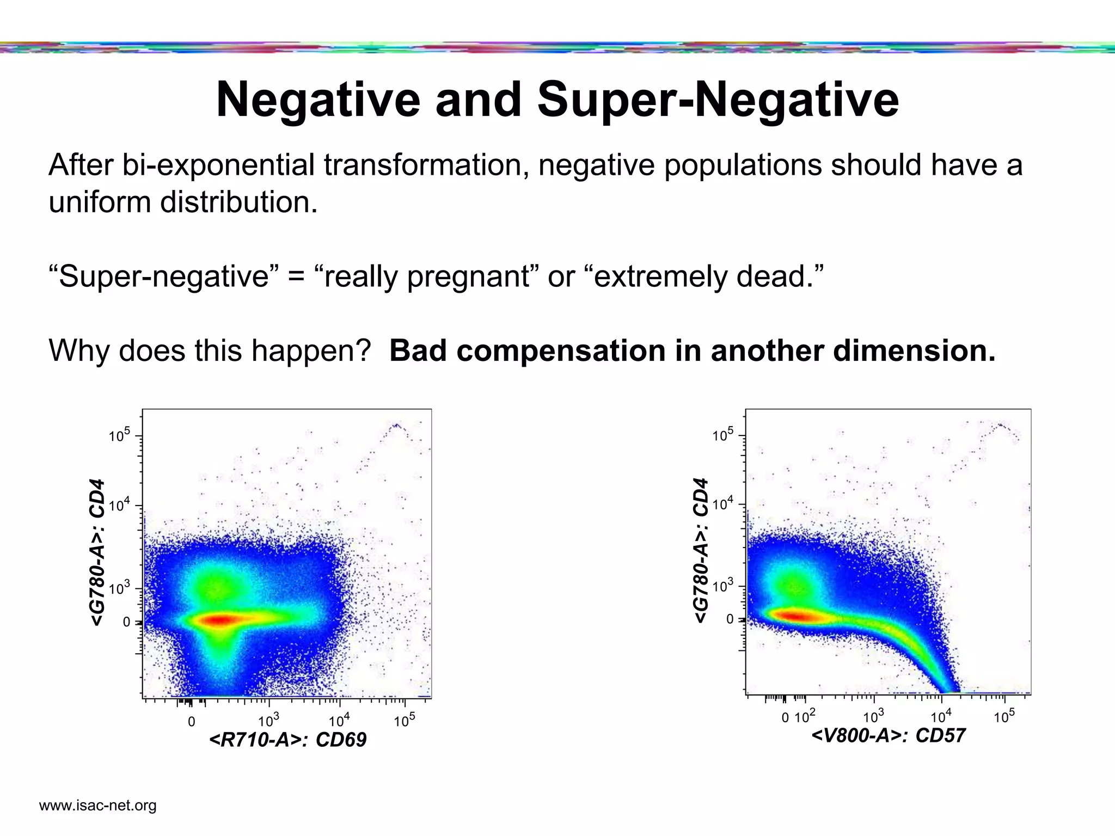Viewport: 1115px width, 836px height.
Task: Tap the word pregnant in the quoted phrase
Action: pyautogui.click(x=468, y=276)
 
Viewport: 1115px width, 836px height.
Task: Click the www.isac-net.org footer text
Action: pyautogui.click(x=98, y=806)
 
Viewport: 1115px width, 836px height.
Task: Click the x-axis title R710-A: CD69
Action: pyautogui.click(x=287, y=740)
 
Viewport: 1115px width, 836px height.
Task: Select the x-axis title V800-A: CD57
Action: pyautogui.click(x=889, y=736)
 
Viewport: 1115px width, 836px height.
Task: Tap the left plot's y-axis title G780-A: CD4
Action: pyautogui.click(x=97, y=552)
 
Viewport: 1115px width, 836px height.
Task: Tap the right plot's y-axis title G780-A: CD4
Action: pyautogui.click(x=701, y=551)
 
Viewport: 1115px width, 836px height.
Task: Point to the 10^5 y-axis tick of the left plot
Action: pyautogui.click(x=119, y=436)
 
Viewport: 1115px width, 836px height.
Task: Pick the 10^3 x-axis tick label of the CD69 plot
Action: pyautogui.click(x=268, y=721)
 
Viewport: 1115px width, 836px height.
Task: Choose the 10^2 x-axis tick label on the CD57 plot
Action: pyautogui.click(x=805, y=717)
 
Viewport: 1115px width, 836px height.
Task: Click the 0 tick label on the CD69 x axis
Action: pyautogui.click(x=191, y=722)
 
